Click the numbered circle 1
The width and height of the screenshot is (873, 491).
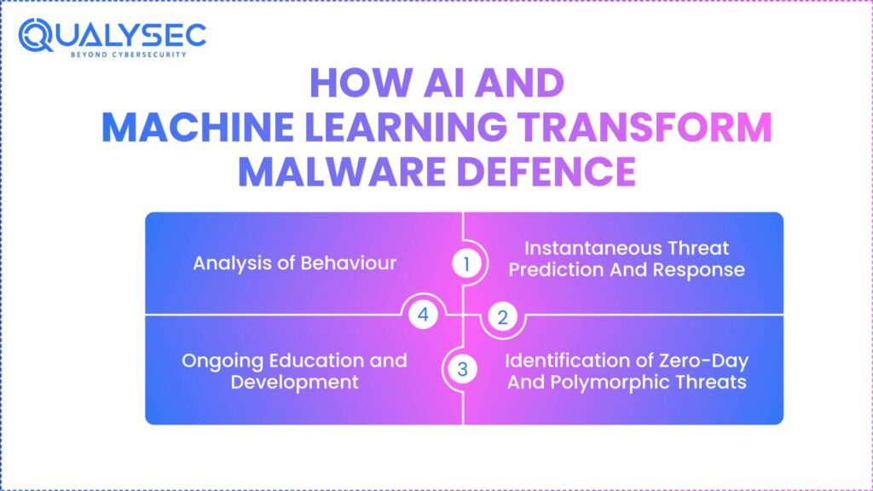point(465,264)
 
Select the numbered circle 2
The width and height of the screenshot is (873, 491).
point(502,318)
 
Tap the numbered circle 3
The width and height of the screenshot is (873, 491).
point(463,369)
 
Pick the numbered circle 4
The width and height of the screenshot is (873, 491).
point(424,315)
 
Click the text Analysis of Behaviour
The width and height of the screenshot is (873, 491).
point(294,263)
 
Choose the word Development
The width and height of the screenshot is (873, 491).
point(294,381)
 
